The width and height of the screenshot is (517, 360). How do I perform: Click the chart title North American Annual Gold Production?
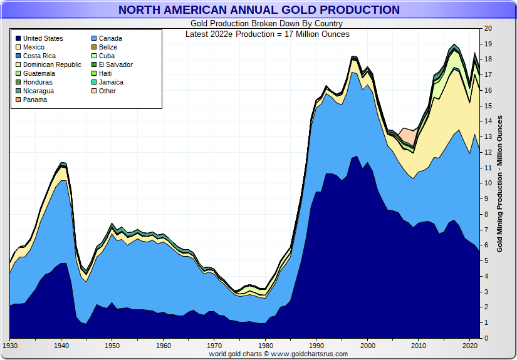click(258, 9)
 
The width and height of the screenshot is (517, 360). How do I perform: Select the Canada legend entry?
click(110, 38)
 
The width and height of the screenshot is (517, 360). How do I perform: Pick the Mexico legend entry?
click(34, 47)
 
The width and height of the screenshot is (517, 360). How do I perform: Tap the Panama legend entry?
click(35, 100)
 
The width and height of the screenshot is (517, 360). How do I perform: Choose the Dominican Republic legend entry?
click(52, 64)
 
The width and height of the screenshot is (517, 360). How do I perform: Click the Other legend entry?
click(107, 91)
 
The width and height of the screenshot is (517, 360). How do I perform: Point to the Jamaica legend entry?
click(111, 82)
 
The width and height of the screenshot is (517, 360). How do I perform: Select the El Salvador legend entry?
click(115, 64)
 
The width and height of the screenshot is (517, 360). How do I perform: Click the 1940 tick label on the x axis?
click(61, 345)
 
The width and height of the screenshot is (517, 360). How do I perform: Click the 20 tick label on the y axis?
click(488, 29)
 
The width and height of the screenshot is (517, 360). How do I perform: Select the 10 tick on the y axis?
click(488, 183)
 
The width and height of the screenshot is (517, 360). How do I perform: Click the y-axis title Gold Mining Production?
click(500, 183)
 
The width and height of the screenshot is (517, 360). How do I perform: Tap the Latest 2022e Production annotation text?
click(268, 34)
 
